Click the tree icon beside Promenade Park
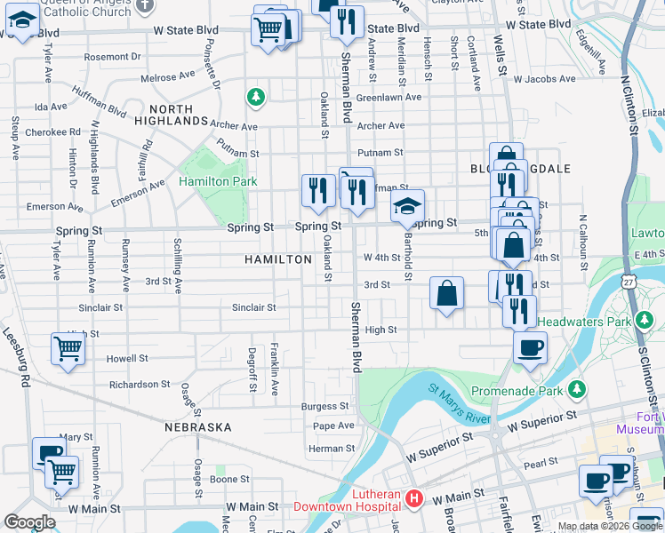577,389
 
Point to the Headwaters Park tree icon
645,320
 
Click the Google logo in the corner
30,522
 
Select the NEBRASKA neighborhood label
198,427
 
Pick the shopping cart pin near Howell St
68,349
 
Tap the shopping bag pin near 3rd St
447,294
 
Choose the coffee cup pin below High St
530,348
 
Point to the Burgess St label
325,407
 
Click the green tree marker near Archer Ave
256,95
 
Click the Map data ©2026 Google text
609,526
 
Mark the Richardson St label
140,385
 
